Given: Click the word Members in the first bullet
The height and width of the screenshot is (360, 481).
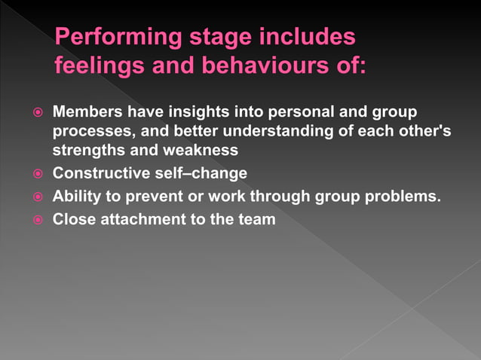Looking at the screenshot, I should point(84,112).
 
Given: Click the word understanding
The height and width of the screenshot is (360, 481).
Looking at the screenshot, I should point(266,131).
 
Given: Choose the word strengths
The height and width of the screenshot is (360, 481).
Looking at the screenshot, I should point(84,150).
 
